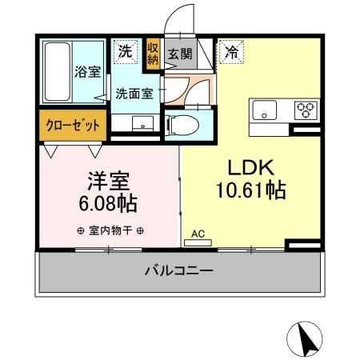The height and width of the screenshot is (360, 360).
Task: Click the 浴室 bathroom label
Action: coord(88,71)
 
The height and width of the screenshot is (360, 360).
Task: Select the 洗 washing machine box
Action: coord(125,50)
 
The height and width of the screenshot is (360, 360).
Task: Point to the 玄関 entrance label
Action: coord(179,54)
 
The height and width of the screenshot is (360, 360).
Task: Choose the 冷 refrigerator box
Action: coord(231,50)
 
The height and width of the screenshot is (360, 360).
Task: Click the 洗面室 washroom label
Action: coord(134,93)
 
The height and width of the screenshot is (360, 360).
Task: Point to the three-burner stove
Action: coord(305,109)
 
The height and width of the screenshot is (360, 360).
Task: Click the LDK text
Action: coord(252,168)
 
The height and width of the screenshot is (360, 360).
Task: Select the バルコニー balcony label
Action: coord(179,271)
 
